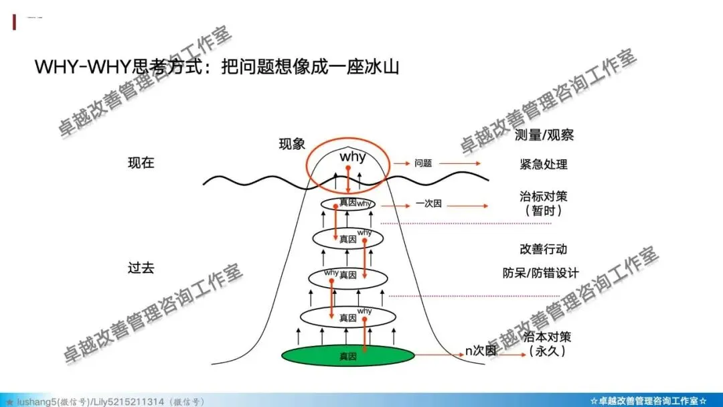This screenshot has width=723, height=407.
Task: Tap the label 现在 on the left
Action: [141, 163]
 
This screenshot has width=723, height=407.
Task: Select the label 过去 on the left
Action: [141, 268]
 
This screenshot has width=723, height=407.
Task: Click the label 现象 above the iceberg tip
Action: [292, 144]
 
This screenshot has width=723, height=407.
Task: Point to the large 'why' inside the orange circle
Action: [353, 157]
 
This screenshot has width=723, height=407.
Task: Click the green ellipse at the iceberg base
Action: [347, 356]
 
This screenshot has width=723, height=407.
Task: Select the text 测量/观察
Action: [544, 135]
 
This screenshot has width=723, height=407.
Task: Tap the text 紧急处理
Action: [544, 165]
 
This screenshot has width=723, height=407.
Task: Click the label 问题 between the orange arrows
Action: [423, 163]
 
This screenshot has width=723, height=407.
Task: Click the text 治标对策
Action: [544, 197]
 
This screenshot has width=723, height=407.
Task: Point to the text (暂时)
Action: [544, 210]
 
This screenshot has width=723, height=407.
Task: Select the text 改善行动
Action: [544, 249]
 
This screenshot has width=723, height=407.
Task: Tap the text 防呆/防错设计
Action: [541, 273]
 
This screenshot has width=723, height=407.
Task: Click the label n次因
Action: [481, 350]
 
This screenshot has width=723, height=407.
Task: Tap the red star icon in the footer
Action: [9, 402]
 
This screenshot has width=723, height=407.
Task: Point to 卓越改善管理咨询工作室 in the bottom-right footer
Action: [649, 401]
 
